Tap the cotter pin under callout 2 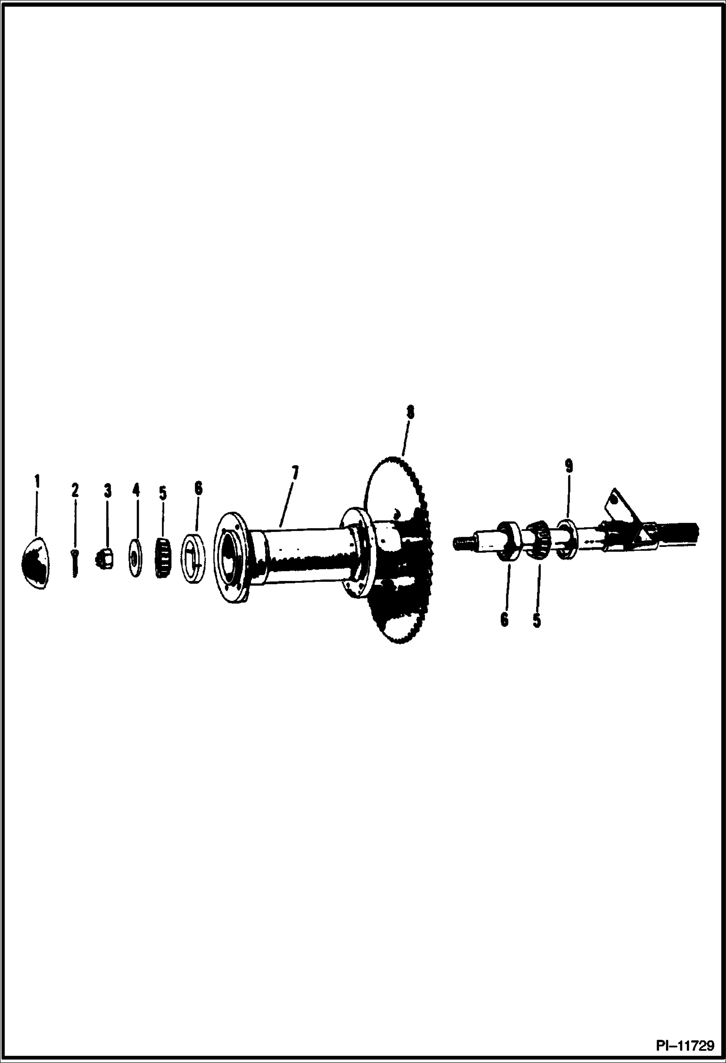[75, 562]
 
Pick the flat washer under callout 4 [134, 559]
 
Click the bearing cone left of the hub [163, 557]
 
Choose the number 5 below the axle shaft [537, 621]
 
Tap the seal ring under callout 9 [566, 539]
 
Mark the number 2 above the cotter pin [75, 490]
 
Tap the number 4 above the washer [136, 490]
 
